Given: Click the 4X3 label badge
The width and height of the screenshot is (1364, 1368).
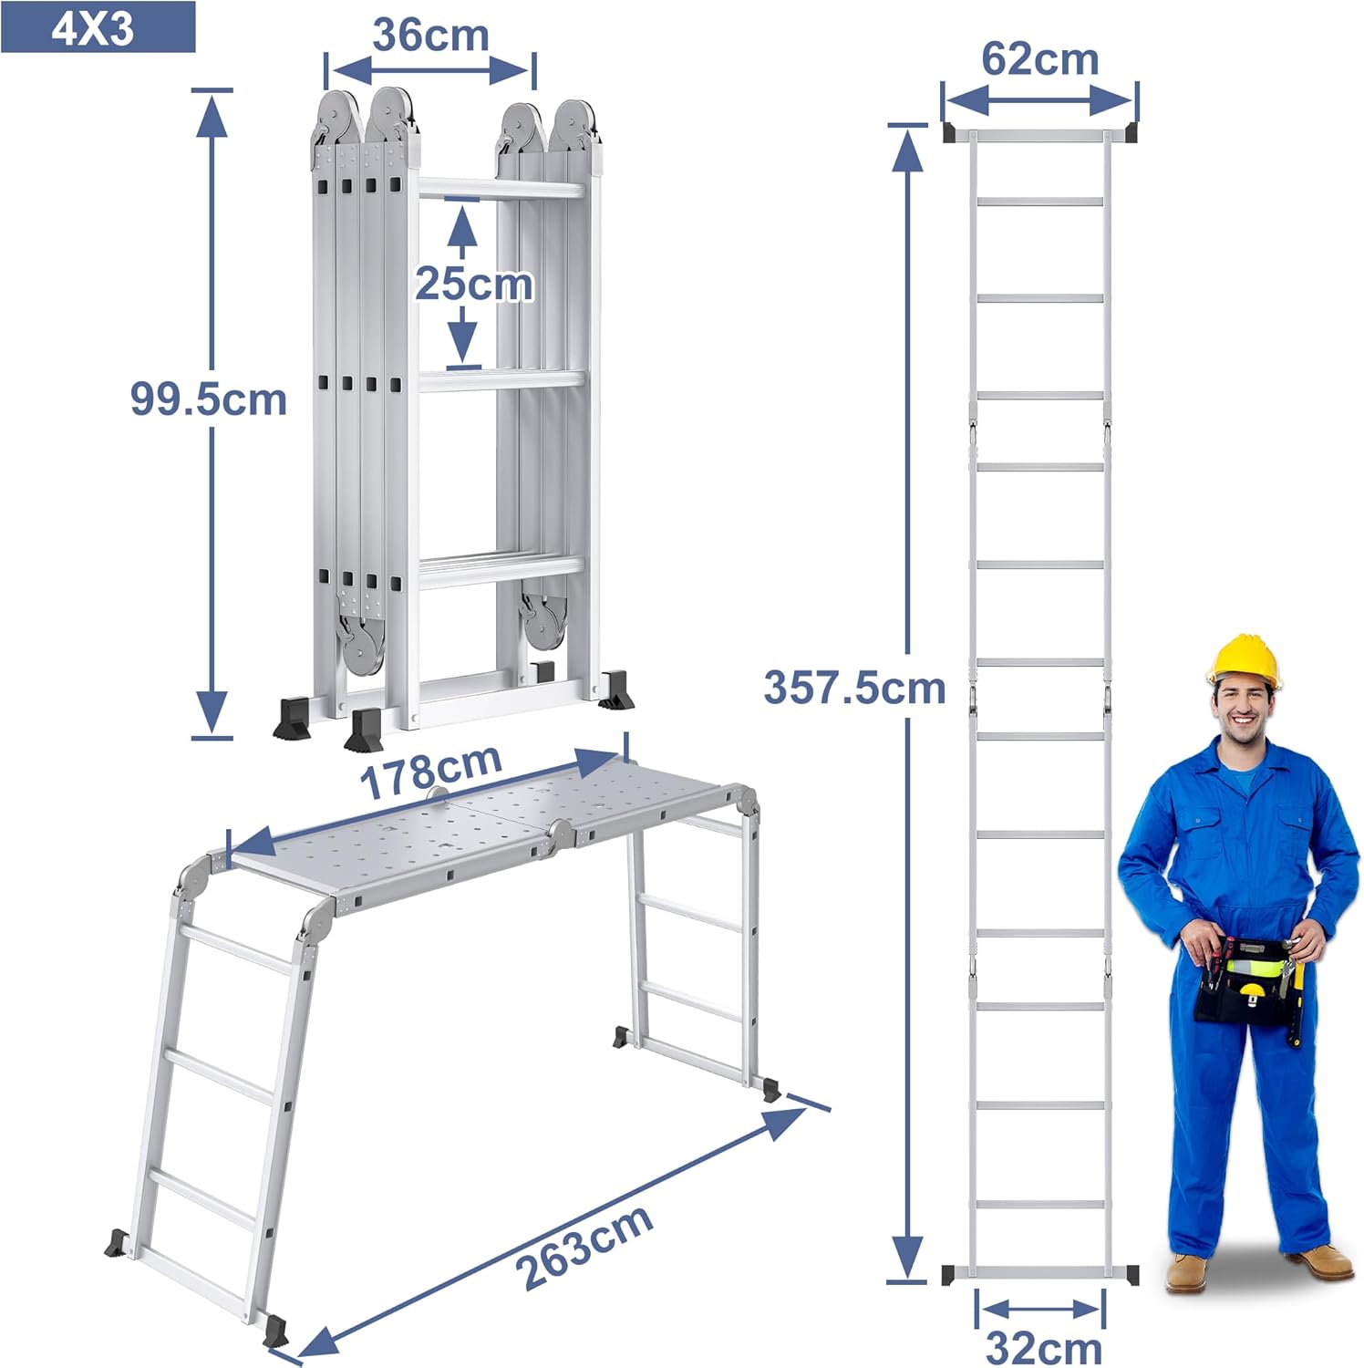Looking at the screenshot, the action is click(x=98, y=27).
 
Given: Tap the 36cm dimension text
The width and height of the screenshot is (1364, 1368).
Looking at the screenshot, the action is click(x=430, y=36).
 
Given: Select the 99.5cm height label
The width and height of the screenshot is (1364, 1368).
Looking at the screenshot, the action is click(x=208, y=399).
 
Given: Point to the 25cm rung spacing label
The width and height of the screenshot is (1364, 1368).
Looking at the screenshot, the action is click(x=474, y=284).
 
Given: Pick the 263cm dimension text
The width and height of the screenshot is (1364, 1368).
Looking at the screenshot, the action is click(x=584, y=1246).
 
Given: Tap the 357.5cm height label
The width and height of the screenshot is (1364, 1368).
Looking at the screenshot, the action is click(x=854, y=688).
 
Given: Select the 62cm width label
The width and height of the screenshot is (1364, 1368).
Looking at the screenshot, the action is click(x=1040, y=60).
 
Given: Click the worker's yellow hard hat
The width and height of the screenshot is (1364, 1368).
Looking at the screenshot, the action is click(x=1244, y=661).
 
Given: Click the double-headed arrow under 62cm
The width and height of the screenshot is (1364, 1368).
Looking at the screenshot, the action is click(x=1039, y=100).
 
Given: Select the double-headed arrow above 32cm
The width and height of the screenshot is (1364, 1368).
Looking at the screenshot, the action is click(x=1040, y=1310).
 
